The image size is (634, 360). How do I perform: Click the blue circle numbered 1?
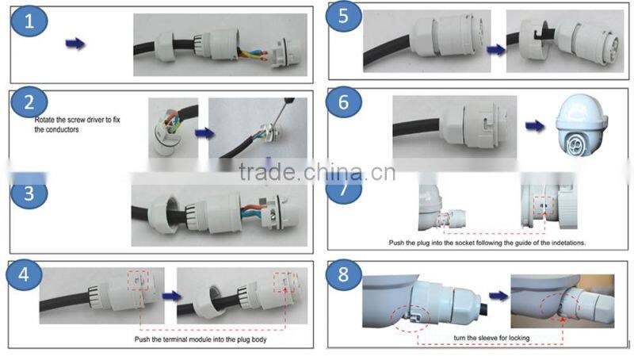tap(29, 21)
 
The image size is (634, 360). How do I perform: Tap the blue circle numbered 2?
tap(29, 102)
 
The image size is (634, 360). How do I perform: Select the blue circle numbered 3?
tap(29, 193)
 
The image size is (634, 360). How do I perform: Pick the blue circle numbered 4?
tap(24, 274)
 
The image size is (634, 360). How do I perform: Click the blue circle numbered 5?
tap(343, 16)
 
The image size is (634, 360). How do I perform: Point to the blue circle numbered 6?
tap(344, 102)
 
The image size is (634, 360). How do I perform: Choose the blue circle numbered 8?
tap(343, 274)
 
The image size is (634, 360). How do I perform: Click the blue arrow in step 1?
tap(75, 44)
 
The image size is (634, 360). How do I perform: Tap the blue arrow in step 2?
tap(204, 132)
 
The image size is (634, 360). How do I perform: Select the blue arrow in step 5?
tap(496, 50)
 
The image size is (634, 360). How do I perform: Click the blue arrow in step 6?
tap(535, 126)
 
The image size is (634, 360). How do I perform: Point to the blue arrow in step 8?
tap(498, 296)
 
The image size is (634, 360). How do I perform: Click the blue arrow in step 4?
tap(172, 296)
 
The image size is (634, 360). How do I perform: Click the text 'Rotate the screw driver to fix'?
tap(77, 120)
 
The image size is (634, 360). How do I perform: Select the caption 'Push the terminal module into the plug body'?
tap(201, 339)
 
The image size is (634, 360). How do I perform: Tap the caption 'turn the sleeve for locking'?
tap(491, 338)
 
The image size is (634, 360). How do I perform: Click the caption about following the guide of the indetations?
tap(487, 243)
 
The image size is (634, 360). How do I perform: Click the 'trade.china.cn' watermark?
tap(317, 172)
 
